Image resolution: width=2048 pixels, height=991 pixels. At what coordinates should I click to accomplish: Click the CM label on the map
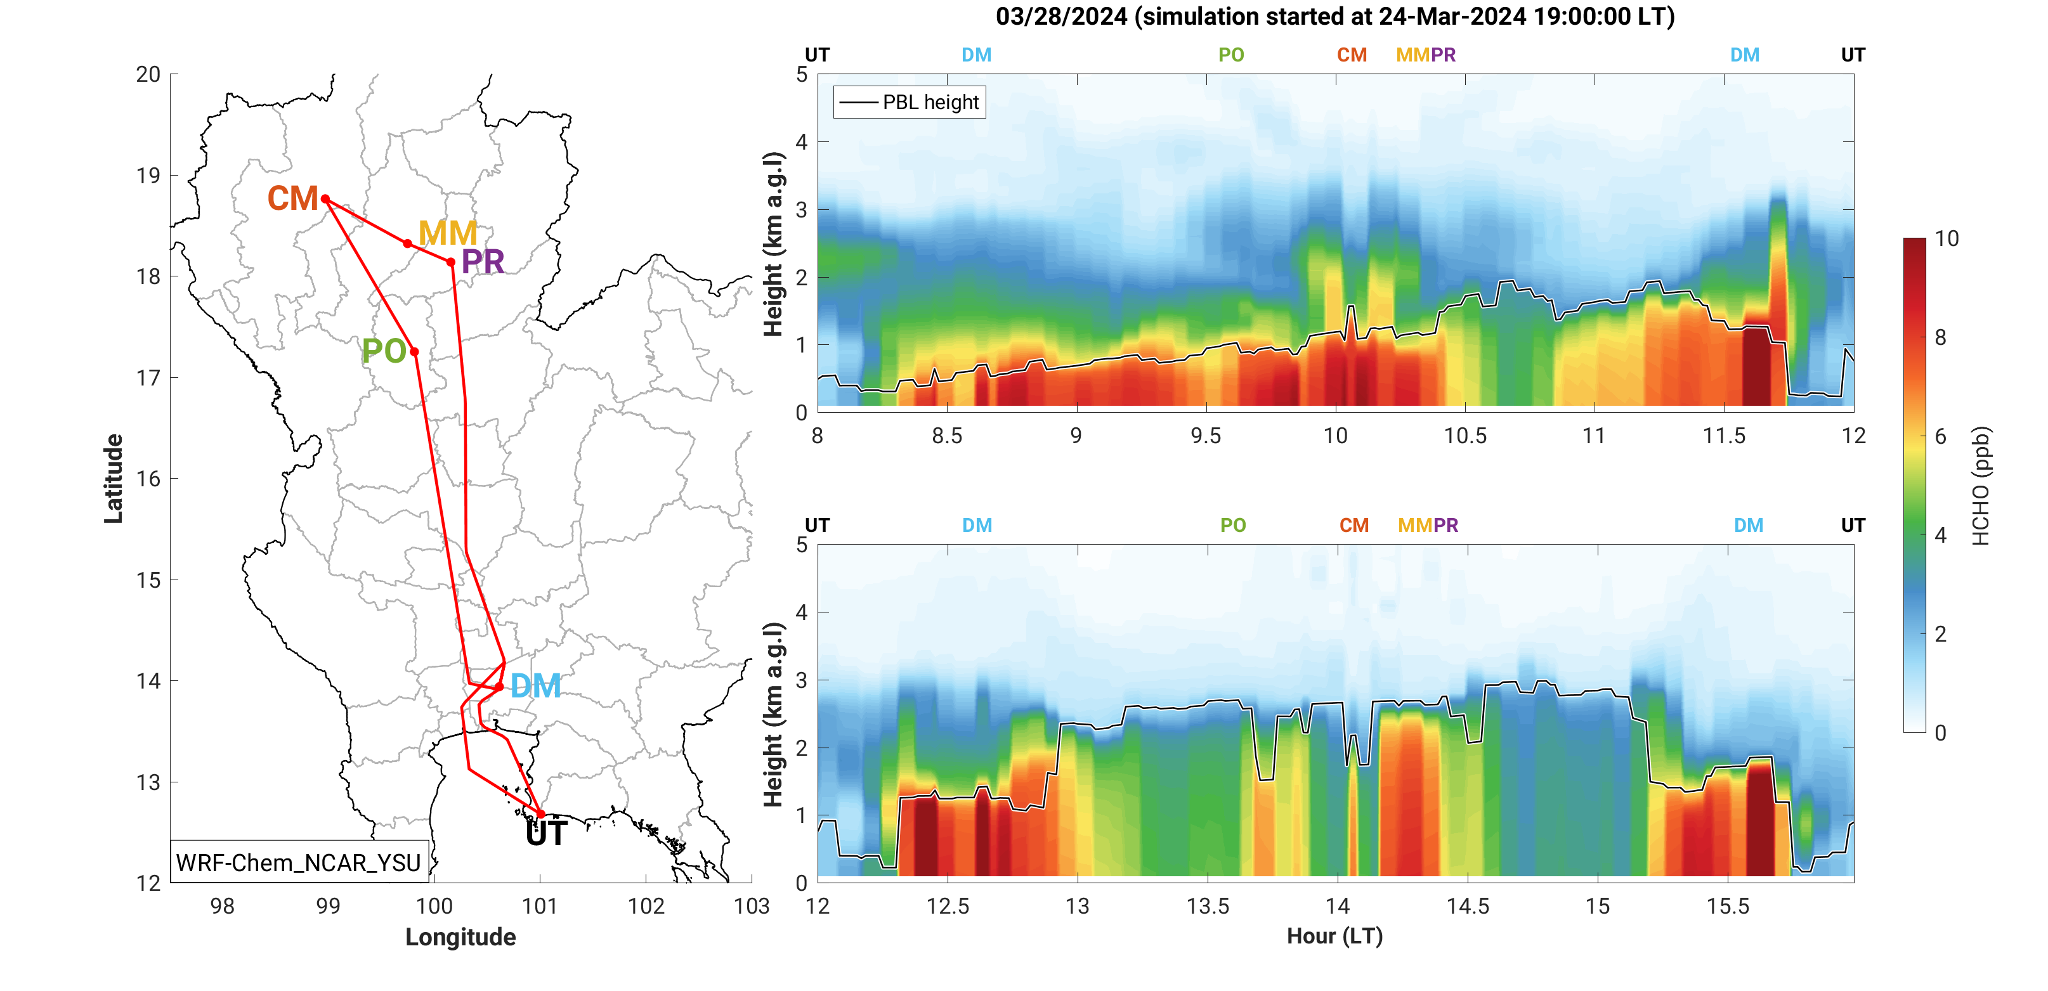point(292,198)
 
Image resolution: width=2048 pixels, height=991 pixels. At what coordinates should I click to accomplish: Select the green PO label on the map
point(384,351)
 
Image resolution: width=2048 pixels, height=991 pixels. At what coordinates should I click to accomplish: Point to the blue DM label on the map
point(535,686)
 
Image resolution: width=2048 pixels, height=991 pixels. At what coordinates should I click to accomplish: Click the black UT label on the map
point(546,834)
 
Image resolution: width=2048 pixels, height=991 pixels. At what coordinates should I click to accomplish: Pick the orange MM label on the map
point(448,233)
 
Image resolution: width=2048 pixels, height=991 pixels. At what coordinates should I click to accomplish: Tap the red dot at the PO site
point(414,351)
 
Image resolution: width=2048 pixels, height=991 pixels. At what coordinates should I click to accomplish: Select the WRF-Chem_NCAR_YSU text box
point(298,862)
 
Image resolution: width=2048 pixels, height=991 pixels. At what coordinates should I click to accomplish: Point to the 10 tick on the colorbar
point(1947,238)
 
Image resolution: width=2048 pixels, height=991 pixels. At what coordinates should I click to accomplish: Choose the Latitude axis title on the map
point(114,479)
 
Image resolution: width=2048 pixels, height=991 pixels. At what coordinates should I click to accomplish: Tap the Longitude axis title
point(460,937)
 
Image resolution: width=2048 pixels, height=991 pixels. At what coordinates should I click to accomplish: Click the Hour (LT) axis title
point(1335,936)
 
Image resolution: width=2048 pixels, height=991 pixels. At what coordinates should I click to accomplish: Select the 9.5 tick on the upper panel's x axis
point(1205,436)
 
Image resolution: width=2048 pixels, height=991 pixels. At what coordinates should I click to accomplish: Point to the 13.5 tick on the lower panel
point(1207,907)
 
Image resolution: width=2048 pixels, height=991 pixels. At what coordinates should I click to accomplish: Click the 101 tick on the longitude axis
point(540,906)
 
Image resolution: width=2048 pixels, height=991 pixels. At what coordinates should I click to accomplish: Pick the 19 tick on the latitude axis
point(148,176)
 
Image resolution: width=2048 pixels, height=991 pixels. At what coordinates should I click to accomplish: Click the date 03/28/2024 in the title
point(1060,16)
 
